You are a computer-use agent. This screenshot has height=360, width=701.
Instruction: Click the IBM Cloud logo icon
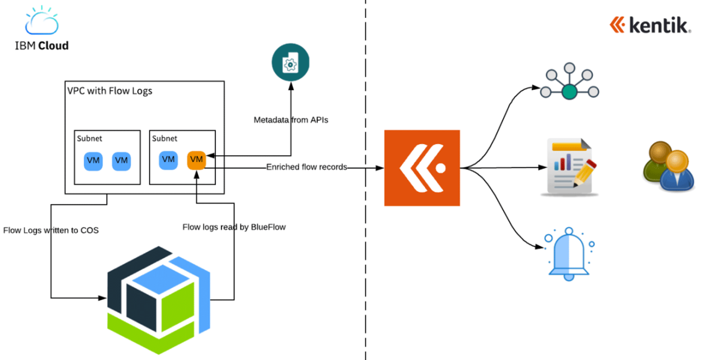(42, 20)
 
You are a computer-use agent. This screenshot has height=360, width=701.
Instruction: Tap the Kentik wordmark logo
(650, 25)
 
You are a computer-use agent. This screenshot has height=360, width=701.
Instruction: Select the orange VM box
(197, 160)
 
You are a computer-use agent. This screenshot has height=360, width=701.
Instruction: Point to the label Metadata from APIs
(291, 120)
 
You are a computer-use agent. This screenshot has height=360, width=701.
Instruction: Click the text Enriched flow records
(306, 167)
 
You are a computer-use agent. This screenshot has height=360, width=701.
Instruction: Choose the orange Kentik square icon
(422, 168)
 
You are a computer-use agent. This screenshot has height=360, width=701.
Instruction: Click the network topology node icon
(569, 84)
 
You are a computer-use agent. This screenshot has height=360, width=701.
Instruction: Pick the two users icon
(667, 166)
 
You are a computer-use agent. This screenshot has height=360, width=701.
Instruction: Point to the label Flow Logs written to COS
(51, 230)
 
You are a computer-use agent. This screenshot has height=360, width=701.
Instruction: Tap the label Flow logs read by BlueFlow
(234, 227)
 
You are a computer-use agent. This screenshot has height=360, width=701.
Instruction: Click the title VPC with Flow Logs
(110, 91)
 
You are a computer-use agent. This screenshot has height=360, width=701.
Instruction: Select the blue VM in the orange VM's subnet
(168, 160)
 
